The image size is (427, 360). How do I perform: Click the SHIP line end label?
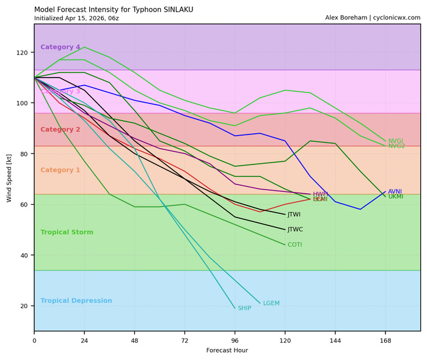point(244,309)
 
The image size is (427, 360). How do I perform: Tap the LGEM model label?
point(271,303)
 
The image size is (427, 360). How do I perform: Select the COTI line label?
point(294,245)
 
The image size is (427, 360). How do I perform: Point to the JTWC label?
point(295,230)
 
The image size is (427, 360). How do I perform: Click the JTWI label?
point(294,215)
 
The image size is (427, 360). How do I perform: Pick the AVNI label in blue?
point(395,191)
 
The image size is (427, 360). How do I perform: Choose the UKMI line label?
point(395,197)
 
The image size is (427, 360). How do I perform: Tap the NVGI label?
point(396,141)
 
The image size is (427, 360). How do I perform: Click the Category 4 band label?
point(60,47)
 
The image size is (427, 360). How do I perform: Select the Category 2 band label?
point(60,130)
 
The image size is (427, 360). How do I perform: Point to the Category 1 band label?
point(60,170)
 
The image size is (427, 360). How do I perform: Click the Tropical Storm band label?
point(67,232)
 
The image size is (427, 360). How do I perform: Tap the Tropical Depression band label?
point(76,301)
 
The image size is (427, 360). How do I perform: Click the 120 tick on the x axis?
point(285,340)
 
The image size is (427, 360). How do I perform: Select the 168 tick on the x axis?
point(385,340)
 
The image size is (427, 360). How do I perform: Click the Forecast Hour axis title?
point(227,351)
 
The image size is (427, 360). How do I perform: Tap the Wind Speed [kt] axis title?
point(9,178)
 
